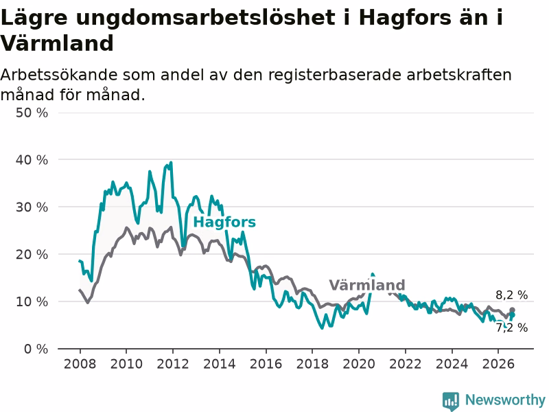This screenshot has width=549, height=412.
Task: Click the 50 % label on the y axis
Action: (x=32, y=113)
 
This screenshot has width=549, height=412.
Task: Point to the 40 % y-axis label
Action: (x=32, y=160)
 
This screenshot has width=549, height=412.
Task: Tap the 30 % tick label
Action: (x=32, y=207)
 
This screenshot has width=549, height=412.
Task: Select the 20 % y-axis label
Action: (x=32, y=254)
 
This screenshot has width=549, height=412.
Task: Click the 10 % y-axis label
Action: (x=32, y=301)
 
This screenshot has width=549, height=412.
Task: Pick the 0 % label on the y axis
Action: (x=36, y=349)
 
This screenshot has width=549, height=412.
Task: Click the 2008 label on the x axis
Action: (x=80, y=364)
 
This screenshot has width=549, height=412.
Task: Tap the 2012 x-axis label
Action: (x=173, y=364)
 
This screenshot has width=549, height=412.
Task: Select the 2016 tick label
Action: (x=266, y=364)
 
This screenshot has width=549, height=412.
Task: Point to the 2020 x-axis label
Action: (x=359, y=364)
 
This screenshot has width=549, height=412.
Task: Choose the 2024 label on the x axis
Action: (x=452, y=364)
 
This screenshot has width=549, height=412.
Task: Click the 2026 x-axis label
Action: (x=498, y=364)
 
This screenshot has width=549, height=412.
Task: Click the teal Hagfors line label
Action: (x=224, y=222)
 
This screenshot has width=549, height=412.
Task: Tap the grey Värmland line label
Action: (x=367, y=285)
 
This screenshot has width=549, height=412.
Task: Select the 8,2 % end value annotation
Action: (x=511, y=295)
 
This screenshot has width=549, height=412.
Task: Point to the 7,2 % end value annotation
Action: (x=511, y=328)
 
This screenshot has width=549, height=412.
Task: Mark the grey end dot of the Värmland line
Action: (x=512, y=310)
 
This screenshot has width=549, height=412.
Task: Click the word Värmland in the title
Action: (x=57, y=43)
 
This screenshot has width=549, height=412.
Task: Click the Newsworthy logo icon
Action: (x=451, y=401)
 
